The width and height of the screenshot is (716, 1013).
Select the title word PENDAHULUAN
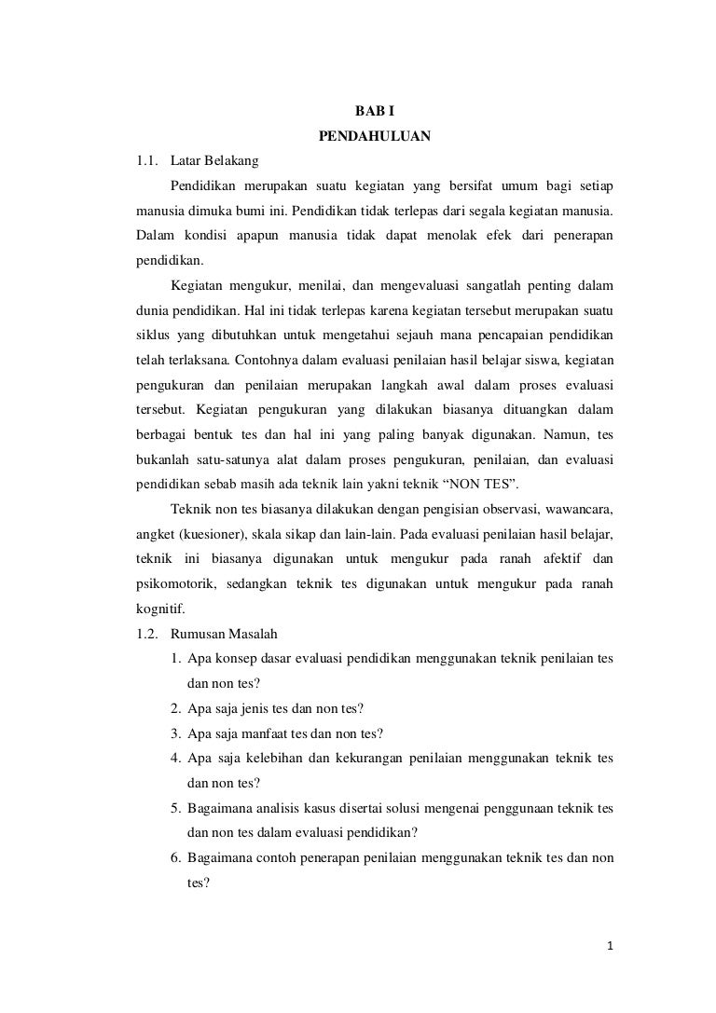click(374, 137)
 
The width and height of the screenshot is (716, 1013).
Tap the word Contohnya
click(270, 359)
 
